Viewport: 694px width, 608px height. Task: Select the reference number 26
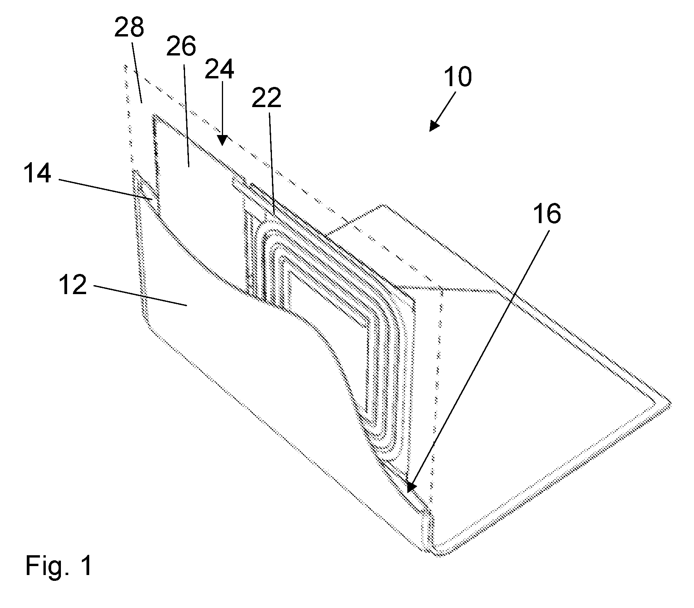click(181, 48)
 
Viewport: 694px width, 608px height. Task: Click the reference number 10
click(458, 76)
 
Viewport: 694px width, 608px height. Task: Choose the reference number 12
click(73, 286)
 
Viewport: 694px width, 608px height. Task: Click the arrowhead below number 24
click(222, 141)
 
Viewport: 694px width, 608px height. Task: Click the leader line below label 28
click(137, 72)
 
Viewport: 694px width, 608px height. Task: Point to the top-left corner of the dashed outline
click(125, 67)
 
